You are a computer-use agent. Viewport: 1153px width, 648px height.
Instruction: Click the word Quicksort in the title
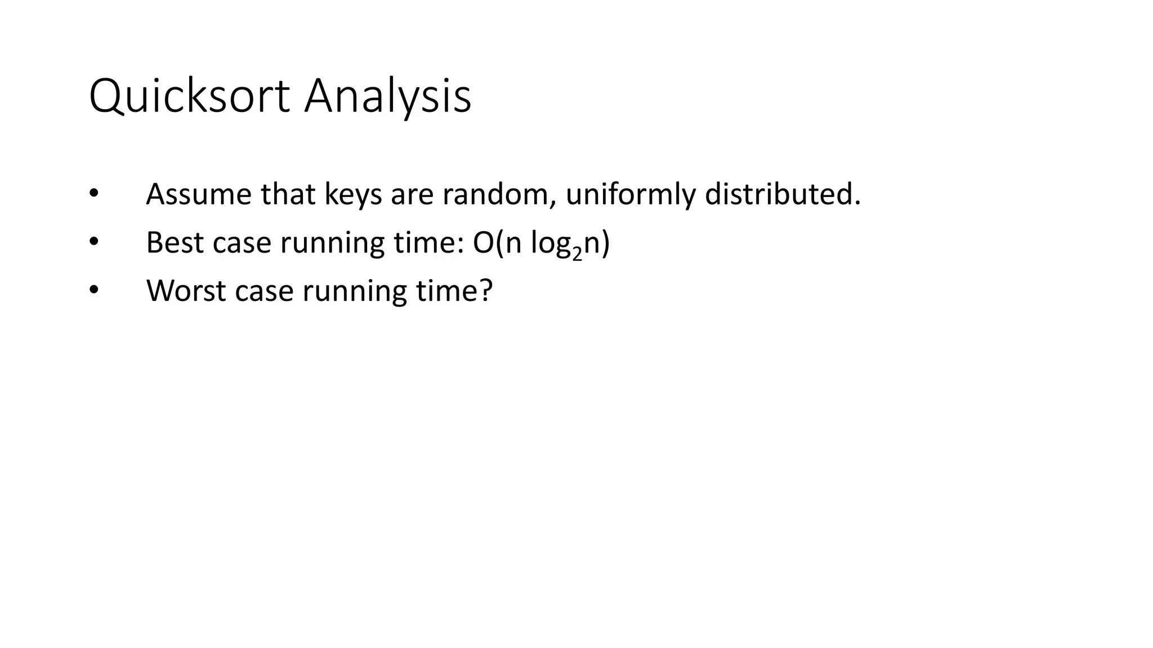[189, 97]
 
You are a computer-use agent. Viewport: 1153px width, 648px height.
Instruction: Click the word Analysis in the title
[387, 97]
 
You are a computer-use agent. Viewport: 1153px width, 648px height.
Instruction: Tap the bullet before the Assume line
[93, 194]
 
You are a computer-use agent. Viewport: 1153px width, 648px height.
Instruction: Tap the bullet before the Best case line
[93, 242]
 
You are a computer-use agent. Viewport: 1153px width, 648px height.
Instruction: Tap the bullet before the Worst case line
[93, 291]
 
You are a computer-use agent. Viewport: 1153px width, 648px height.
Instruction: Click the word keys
[353, 195]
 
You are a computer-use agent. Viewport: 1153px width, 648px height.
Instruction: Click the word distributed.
[783, 195]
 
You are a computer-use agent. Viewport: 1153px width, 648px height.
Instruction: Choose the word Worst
[186, 291]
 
